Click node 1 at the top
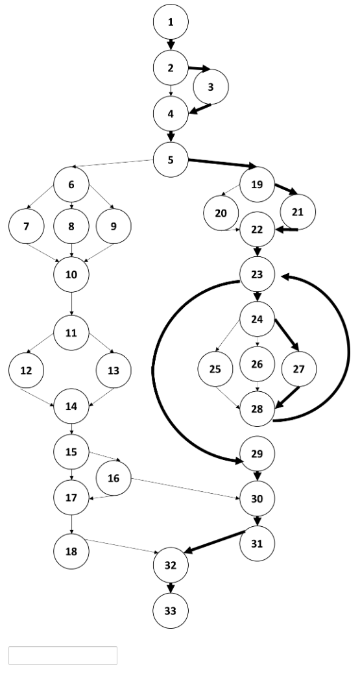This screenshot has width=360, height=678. click(x=171, y=22)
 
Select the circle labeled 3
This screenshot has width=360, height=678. click(x=211, y=87)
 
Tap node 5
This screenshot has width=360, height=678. click(x=171, y=159)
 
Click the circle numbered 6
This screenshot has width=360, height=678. click(x=71, y=184)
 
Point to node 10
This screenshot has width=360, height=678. click(x=71, y=274)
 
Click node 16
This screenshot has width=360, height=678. click(x=114, y=479)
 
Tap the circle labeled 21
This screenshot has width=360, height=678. click(x=297, y=212)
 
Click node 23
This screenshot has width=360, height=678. click(x=258, y=274)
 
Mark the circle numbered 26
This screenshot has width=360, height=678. click(x=258, y=364)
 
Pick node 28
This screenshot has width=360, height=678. click(x=258, y=409)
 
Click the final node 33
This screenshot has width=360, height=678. click(x=171, y=611)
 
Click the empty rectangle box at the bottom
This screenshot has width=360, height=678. click(x=63, y=655)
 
